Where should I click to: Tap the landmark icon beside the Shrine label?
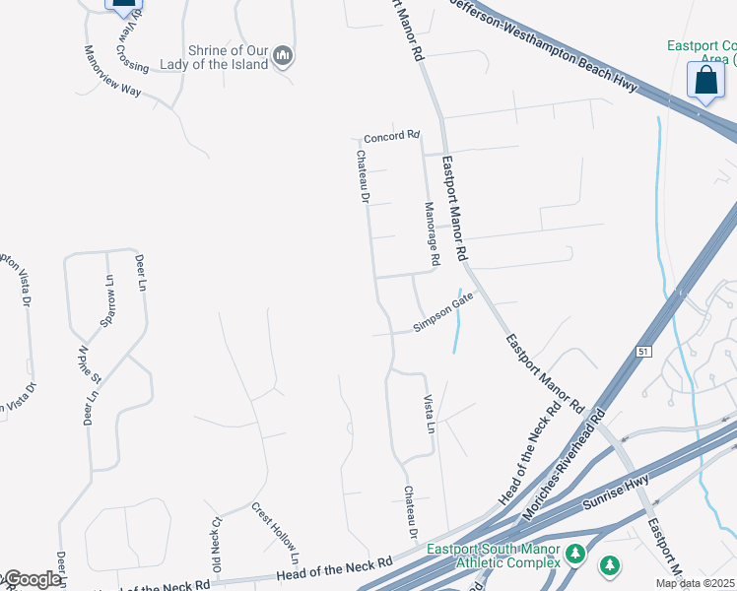pyautogui.click(x=283, y=55)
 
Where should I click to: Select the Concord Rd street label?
pyautogui.click(x=391, y=136)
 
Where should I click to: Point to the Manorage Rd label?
pyautogui.click(x=431, y=234)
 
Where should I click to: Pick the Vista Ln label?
pyautogui.click(x=429, y=414)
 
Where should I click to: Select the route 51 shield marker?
pyautogui.click(x=643, y=352)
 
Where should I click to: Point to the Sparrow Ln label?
pyautogui.click(x=108, y=295)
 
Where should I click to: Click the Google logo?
pyautogui.click(x=32, y=579)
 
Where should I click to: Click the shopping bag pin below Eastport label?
pyautogui.click(x=706, y=81)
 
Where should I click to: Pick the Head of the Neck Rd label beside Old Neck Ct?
pyautogui.click(x=335, y=567)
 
